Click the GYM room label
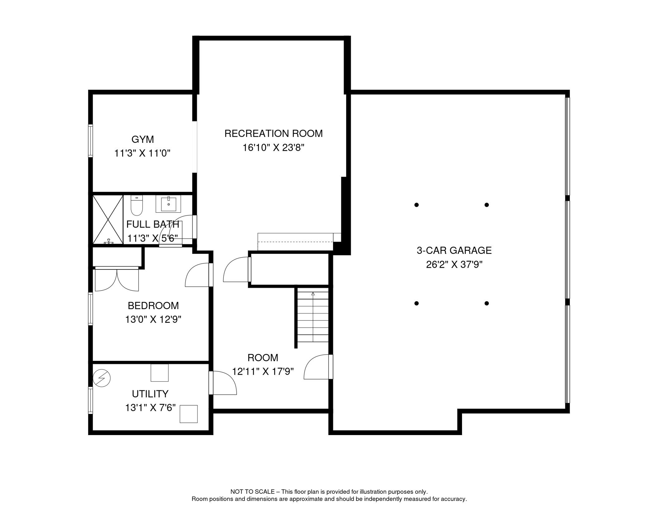coord(143,140)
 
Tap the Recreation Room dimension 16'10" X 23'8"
coord(273,148)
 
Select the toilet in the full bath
coord(137,205)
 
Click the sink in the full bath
coord(168,203)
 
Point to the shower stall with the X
coord(108,219)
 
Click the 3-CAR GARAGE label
coord(454,251)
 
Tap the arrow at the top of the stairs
coord(313,294)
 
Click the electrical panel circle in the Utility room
coord(102,378)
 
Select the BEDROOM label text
coord(153,306)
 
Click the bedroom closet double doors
coord(117,280)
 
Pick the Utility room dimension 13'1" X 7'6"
coord(150,408)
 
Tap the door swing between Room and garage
coord(317,367)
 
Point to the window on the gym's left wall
coord(90,141)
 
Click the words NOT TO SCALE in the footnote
coord(252,492)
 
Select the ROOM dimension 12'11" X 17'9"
coord(263,372)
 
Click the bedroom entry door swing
coord(198,275)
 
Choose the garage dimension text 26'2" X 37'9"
coord(454,265)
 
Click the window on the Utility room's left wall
coord(90,400)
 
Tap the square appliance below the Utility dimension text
coord(189,414)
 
